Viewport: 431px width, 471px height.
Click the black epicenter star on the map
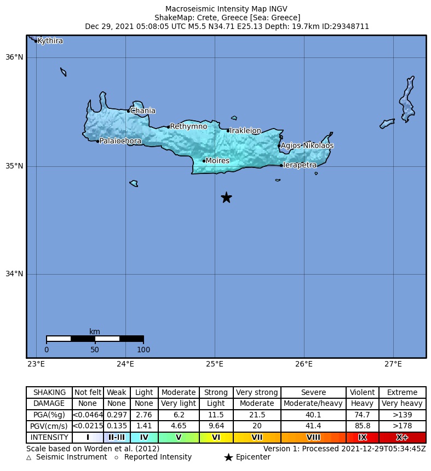[x=226, y=197]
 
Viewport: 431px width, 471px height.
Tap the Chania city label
[x=142, y=111]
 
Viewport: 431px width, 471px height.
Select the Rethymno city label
[x=188, y=126]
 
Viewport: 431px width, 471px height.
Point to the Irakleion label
[x=245, y=131]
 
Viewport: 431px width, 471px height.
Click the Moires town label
[x=217, y=161]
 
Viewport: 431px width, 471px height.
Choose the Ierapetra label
[x=300, y=165]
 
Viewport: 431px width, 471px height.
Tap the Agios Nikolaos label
[x=307, y=146]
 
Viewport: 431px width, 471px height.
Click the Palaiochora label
[x=120, y=141]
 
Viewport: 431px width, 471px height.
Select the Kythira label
[x=50, y=41]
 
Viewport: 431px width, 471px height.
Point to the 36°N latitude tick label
[x=15, y=57]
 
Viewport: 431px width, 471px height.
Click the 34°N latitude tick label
[x=15, y=274]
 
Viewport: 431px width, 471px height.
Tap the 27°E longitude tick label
[x=393, y=364]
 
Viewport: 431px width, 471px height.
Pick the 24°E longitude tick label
[x=125, y=364]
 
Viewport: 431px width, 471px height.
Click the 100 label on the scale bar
[x=143, y=350]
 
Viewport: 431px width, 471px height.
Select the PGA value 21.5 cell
[x=257, y=415]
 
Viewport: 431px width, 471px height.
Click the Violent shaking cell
[x=362, y=392]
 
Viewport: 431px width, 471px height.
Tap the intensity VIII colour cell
[x=313, y=438]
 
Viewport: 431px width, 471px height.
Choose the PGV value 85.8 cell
[x=362, y=426]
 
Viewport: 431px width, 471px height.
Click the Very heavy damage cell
[x=402, y=404]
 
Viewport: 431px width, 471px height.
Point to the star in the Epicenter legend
[x=228, y=457]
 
